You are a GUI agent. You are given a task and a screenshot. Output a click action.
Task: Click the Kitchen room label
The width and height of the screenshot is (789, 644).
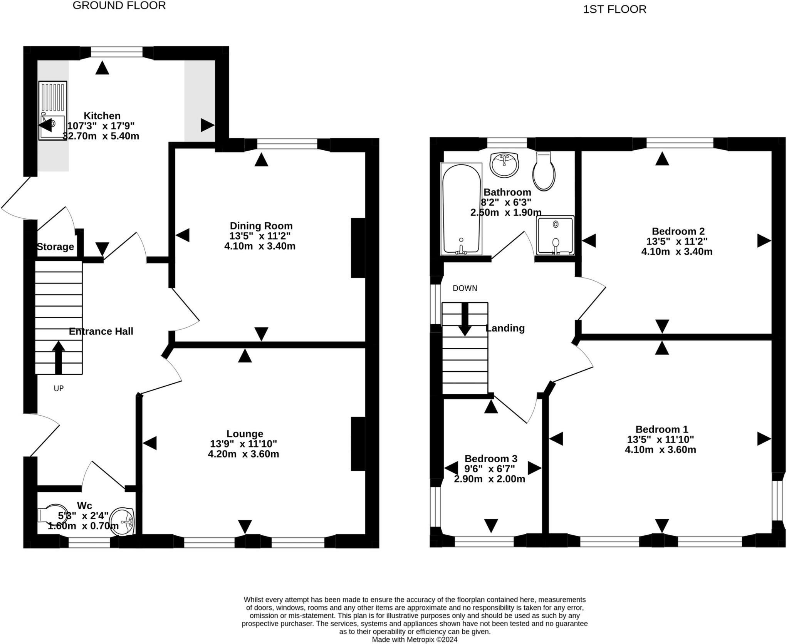(102, 116)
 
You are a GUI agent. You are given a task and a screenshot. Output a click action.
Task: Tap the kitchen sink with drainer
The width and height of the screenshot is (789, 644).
(53, 110)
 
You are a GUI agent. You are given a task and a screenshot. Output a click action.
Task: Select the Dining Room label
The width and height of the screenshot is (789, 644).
(261, 226)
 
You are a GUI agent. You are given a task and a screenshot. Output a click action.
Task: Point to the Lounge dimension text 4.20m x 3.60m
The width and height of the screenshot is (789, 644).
(243, 454)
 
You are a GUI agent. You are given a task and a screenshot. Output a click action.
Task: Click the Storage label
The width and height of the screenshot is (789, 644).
(55, 247)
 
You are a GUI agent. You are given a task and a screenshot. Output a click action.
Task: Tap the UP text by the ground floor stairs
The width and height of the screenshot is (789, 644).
(59, 388)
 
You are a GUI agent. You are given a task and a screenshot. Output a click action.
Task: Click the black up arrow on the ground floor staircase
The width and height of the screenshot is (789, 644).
(58, 357)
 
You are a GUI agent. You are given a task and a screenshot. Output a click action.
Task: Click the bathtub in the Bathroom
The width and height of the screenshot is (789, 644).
(461, 209)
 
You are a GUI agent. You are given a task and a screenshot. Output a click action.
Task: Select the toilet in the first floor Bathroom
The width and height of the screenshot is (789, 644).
(544, 171)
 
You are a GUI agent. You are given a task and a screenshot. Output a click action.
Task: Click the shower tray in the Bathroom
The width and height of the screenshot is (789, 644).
(556, 235)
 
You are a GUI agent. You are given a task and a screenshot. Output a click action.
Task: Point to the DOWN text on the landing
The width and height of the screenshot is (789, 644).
(465, 288)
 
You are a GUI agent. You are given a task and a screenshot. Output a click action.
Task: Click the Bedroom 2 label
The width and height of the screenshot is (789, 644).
(678, 231)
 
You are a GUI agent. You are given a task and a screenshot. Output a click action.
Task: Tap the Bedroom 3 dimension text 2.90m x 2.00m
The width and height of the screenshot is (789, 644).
(490, 479)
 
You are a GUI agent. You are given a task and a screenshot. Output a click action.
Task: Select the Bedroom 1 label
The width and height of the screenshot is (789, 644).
(661, 429)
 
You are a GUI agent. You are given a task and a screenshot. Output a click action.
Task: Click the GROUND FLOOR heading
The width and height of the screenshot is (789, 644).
(119, 5)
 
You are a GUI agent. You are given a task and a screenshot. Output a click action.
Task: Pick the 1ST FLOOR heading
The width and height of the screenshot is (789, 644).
(614, 9)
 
